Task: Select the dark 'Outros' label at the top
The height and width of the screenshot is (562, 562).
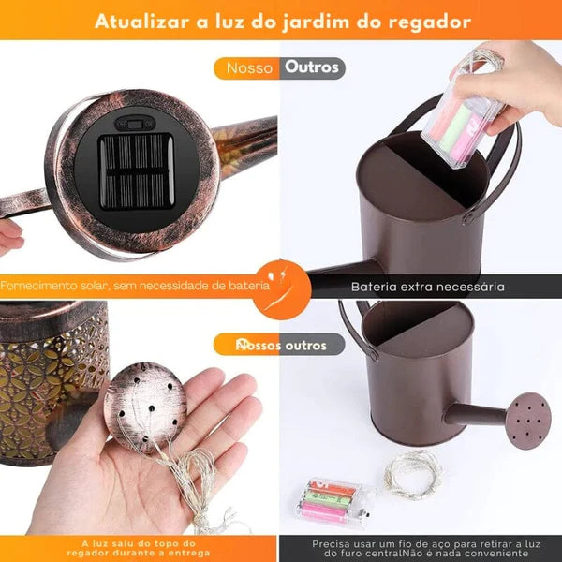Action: coord(312,67)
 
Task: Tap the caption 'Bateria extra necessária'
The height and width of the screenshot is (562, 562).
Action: coord(427,287)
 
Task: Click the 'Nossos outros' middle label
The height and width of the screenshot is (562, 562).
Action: coord(281,346)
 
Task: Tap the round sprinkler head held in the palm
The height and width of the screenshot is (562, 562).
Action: coord(145,405)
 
